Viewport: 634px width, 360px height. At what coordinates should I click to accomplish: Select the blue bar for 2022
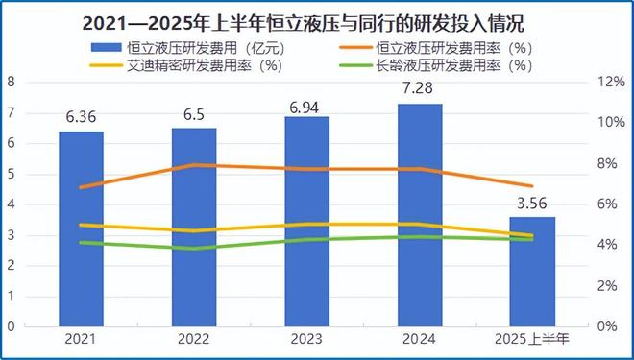pos(193,227)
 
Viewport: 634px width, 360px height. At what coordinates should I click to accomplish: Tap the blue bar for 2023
pos(306,221)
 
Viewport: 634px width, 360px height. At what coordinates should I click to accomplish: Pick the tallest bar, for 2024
pos(419,215)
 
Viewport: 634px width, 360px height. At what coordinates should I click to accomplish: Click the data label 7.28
pos(419,89)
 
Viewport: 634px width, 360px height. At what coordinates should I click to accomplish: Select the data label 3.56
pos(531,204)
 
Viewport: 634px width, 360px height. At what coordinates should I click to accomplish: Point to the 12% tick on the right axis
pos(610,82)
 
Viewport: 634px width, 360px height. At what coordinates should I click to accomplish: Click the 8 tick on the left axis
pos(11,82)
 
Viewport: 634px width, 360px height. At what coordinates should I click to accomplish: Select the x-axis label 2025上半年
pos(531,340)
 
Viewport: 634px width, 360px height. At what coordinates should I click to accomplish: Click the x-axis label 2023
pos(306,340)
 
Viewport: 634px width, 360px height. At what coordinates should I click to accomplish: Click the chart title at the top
pos(317,18)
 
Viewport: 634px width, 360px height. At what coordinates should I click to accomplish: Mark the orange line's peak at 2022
pos(193,165)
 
